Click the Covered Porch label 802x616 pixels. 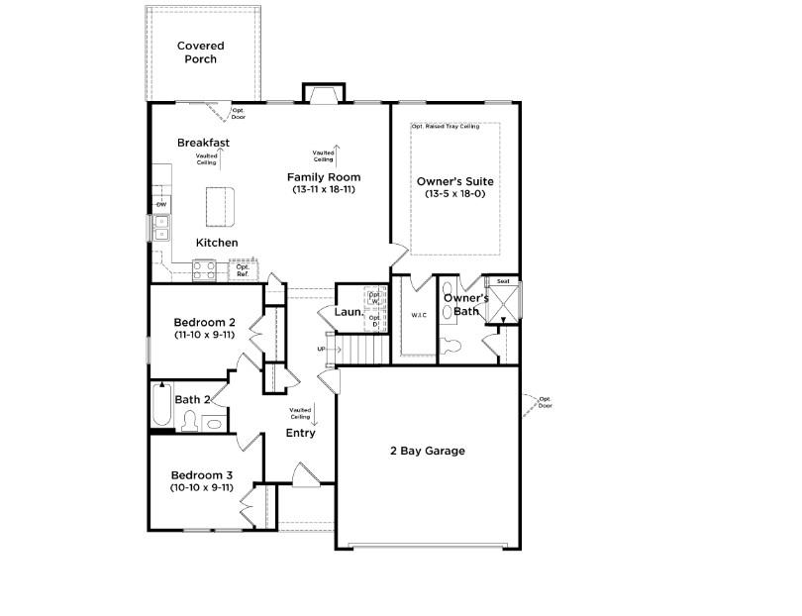tap(201, 52)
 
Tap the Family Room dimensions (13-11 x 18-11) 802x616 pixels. tap(322, 189)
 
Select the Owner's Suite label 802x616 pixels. tap(454, 181)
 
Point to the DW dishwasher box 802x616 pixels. tap(160, 204)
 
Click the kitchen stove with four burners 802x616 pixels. tap(205, 267)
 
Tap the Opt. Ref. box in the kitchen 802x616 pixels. tap(242, 268)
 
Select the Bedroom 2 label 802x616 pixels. tap(204, 322)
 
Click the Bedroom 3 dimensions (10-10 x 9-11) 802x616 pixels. tap(201, 487)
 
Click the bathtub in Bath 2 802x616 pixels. tap(160, 404)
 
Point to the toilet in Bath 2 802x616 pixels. tap(189, 421)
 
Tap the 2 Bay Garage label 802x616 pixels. tap(427, 451)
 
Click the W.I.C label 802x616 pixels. tap(418, 315)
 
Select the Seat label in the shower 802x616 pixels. tap(502, 281)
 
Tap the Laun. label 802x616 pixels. tap(349, 312)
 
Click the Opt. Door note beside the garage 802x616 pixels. tap(544, 402)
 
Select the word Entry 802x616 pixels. tap(301, 433)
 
